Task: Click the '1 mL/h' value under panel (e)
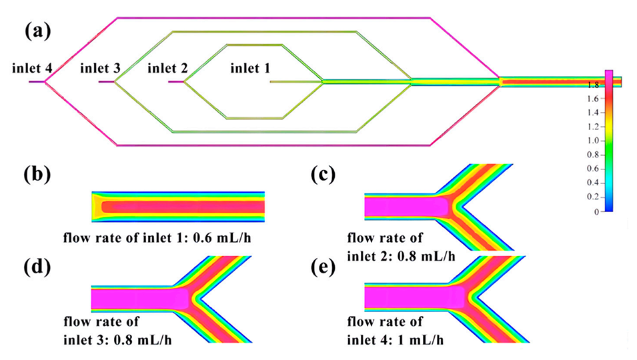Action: tap(421, 339)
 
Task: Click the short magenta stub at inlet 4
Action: tap(36, 82)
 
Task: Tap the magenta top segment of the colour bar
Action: tap(608, 77)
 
